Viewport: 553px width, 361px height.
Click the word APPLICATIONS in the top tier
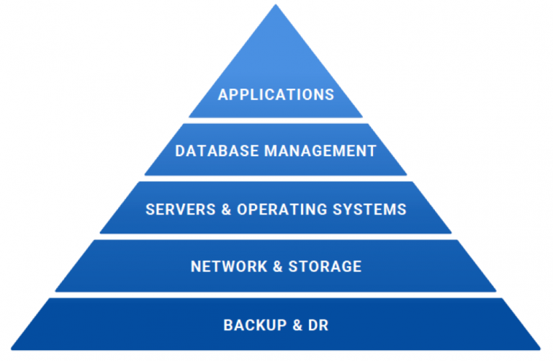[276, 94]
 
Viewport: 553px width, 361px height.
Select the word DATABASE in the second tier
[208, 151]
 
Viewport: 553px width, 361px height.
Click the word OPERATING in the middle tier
[280, 209]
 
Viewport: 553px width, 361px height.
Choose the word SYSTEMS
[370, 209]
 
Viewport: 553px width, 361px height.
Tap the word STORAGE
[325, 267]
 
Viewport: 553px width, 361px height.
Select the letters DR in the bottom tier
[318, 325]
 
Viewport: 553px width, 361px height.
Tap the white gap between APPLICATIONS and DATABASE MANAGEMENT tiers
[276, 120]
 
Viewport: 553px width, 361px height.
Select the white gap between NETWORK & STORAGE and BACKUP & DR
[276, 295]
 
